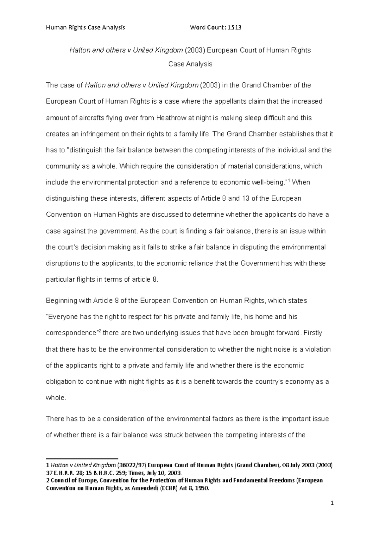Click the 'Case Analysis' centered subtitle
(190, 64)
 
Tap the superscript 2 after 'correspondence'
(99, 331)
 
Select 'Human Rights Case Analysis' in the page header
(85, 27)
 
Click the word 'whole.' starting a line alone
(56, 398)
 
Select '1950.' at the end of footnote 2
(202, 488)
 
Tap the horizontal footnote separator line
(82, 458)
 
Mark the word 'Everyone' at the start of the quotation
(63, 317)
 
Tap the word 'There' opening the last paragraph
(55, 419)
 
